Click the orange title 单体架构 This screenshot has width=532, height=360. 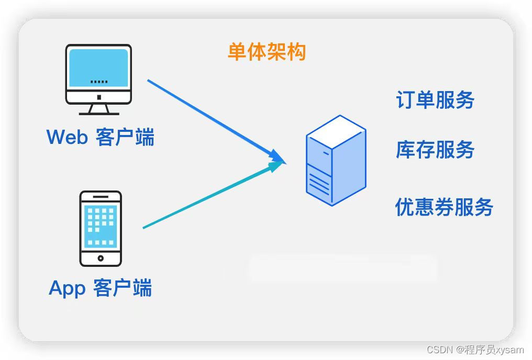(267, 52)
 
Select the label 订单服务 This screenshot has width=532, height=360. (435, 100)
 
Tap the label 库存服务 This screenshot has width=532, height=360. (435, 150)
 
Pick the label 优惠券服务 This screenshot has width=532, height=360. (444, 207)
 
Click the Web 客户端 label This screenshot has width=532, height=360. (101, 137)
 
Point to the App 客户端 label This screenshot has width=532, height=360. (101, 288)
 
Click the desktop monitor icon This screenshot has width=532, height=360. (98, 78)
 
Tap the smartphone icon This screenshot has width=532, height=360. (101, 228)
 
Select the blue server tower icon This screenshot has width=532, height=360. (336, 160)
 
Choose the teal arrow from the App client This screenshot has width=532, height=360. (209, 196)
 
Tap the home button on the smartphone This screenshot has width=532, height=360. (101, 258)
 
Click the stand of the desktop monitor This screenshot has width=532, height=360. (98, 108)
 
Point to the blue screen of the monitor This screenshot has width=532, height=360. (98, 67)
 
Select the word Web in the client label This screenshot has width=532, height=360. (67, 137)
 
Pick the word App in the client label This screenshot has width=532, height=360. (66, 288)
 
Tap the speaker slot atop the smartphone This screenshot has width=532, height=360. (101, 197)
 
